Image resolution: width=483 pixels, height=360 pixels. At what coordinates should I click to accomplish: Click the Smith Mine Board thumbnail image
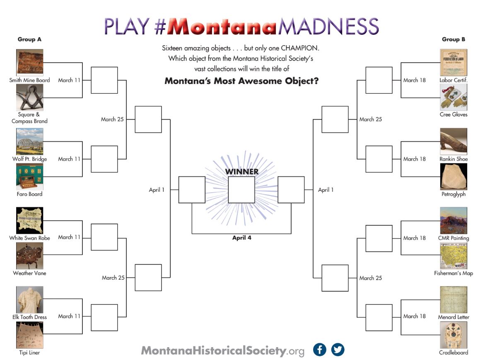coord(29,62)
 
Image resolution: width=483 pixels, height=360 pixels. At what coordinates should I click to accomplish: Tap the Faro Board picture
coord(29,176)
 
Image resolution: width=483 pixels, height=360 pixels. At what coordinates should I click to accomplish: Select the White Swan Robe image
coord(29,220)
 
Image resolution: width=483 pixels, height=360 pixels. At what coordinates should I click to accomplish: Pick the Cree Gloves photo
coord(454,97)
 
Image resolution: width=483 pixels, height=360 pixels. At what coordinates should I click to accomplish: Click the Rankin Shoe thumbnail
coord(454,141)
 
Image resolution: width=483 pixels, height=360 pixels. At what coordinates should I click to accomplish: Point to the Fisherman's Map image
coord(454,256)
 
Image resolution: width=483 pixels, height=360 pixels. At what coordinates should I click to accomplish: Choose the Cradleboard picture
coord(454,335)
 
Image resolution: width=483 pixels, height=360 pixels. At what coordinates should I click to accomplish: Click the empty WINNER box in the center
coord(241,190)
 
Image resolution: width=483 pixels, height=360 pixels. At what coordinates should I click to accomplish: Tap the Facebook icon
coord(319,350)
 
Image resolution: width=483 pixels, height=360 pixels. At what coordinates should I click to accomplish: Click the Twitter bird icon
coord(338,350)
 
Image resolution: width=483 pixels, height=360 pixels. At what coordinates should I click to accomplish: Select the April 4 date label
coord(242,238)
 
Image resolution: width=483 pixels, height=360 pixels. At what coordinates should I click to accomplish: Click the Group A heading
coord(29,39)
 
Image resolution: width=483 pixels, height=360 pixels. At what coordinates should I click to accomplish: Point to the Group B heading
coord(454,39)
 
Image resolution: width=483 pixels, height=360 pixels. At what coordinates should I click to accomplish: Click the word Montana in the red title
coord(222,27)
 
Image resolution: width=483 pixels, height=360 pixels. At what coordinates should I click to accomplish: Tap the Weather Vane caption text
coord(29,273)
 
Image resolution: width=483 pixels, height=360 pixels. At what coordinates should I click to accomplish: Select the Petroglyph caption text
coord(454,194)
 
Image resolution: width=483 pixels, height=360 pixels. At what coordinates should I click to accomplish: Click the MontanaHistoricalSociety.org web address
coord(223,350)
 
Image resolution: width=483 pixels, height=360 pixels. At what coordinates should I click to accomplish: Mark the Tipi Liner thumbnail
coord(29,335)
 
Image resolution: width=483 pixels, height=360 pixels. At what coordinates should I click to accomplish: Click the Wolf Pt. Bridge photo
coord(29,141)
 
